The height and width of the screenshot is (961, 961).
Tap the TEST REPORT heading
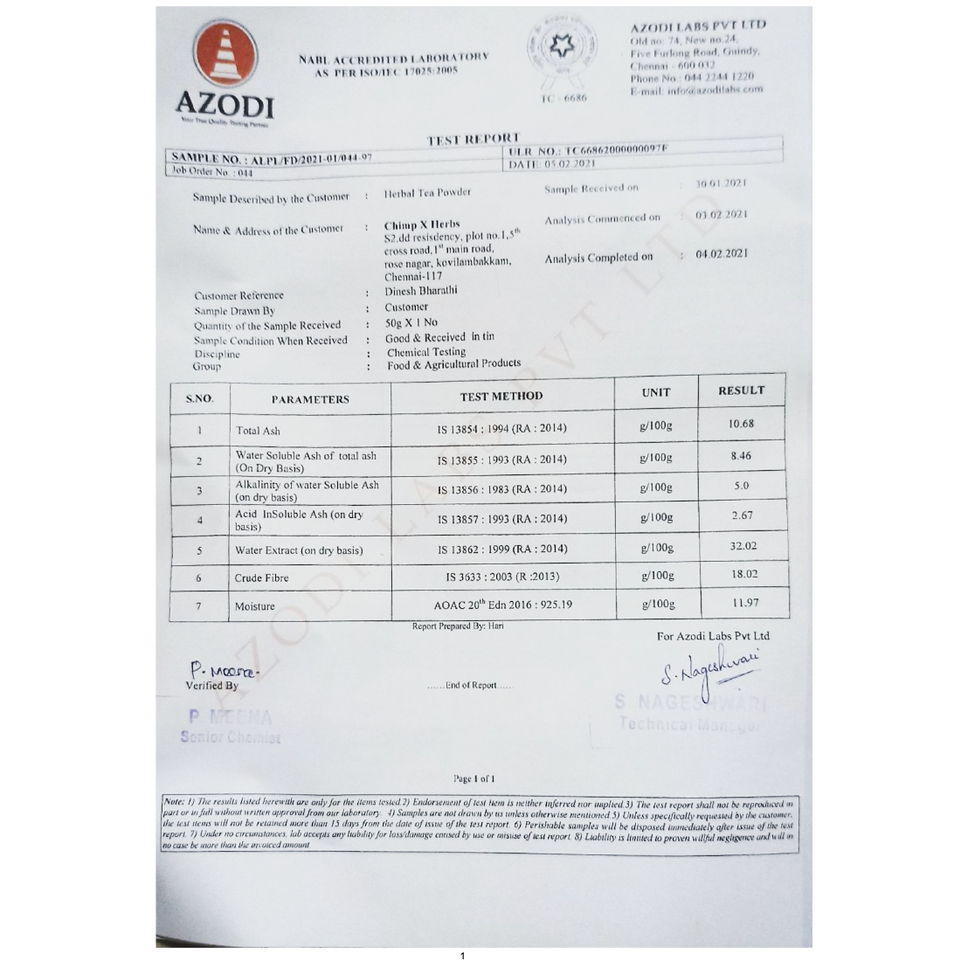coord(473,139)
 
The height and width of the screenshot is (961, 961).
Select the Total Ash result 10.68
coord(741,424)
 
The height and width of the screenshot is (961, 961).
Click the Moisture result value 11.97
coord(745,602)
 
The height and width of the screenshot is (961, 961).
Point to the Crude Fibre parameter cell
coord(261,577)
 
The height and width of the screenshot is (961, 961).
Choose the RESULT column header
coord(741,391)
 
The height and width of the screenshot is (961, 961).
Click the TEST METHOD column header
coord(501,396)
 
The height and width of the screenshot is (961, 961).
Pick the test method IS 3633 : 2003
coord(502,577)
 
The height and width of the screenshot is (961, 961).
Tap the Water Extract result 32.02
coord(743,546)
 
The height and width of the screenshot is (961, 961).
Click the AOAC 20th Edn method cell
coord(503,605)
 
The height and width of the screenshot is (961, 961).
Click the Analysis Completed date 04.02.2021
coord(722,253)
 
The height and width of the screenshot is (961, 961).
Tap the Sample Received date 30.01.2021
coord(722,184)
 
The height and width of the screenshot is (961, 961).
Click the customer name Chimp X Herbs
coord(422,225)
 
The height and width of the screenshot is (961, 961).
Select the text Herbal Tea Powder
coord(427,192)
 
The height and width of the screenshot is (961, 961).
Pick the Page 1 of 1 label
coord(474,778)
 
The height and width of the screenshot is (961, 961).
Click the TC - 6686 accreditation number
coord(563,99)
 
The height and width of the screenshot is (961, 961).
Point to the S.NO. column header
coord(199,399)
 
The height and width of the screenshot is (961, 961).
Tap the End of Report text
coord(471,686)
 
